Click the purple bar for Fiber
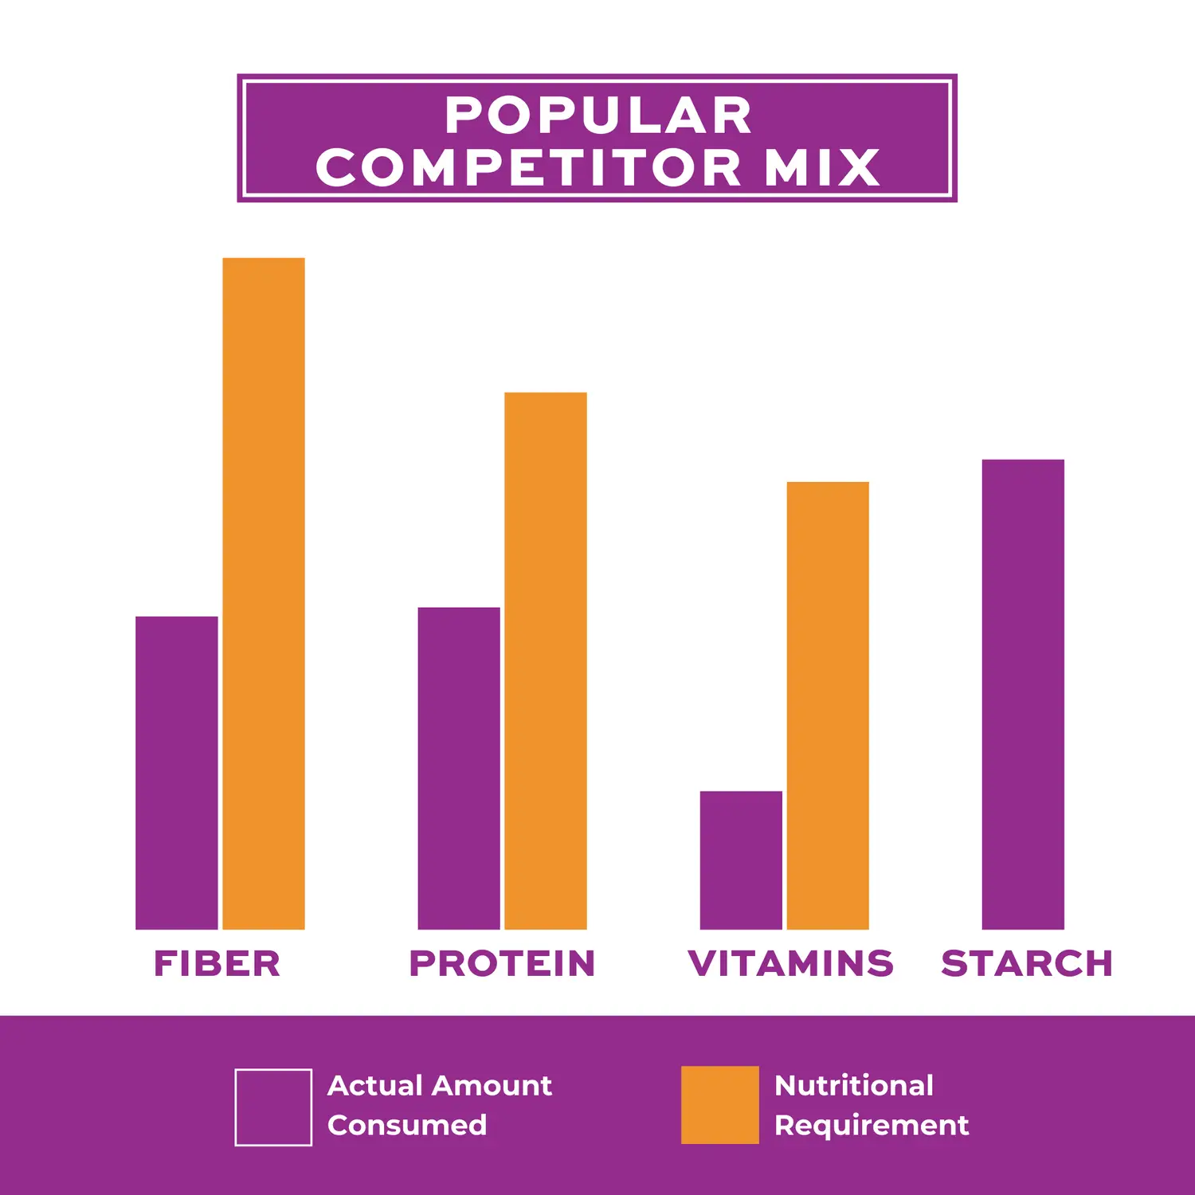pyautogui.click(x=176, y=773)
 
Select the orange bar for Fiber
pyautogui.click(x=264, y=594)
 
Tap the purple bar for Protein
pyautogui.click(x=459, y=768)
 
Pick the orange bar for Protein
pyautogui.click(x=546, y=660)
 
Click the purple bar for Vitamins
pyautogui.click(x=741, y=860)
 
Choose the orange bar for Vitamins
pyautogui.click(x=828, y=705)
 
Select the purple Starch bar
pyautogui.click(x=1023, y=694)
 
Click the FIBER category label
pyautogui.click(x=217, y=963)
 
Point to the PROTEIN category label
pyautogui.click(x=502, y=963)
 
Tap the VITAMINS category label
pyautogui.click(x=790, y=963)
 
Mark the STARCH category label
pyautogui.click(x=1027, y=963)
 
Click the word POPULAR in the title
pyautogui.click(x=598, y=116)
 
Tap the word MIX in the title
pyautogui.click(x=822, y=168)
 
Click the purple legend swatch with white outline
pyautogui.click(x=273, y=1107)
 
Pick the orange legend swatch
pyautogui.click(x=719, y=1105)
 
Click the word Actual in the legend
pyautogui.click(x=374, y=1085)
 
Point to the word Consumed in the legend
pyautogui.click(x=407, y=1125)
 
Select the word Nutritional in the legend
pyautogui.click(x=854, y=1085)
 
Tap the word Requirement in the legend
pyautogui.click(x=872, y=1125)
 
